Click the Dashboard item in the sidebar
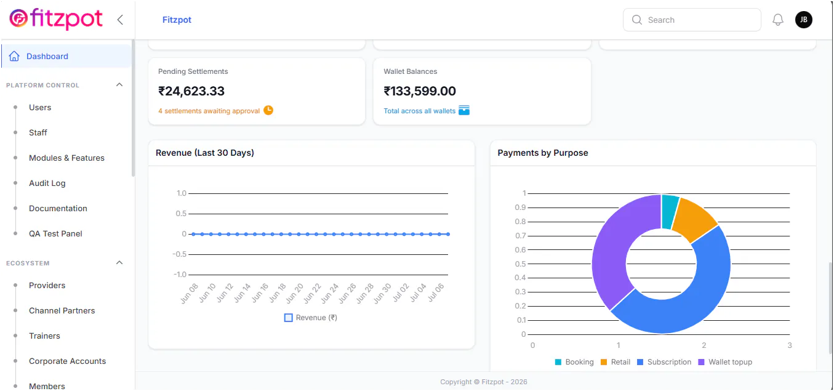47,56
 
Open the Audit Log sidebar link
47,183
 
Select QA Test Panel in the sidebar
55,233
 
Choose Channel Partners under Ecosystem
62,310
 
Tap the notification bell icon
778,20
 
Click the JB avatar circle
804,20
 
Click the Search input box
692,20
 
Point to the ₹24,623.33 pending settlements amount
191,91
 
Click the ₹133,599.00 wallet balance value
420,91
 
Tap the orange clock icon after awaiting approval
268,110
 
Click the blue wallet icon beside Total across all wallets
464,110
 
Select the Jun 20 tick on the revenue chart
295,293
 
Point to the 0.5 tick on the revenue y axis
182,214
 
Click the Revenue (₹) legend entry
310,318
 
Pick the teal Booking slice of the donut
670,212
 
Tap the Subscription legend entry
664,362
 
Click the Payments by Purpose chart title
543,153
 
